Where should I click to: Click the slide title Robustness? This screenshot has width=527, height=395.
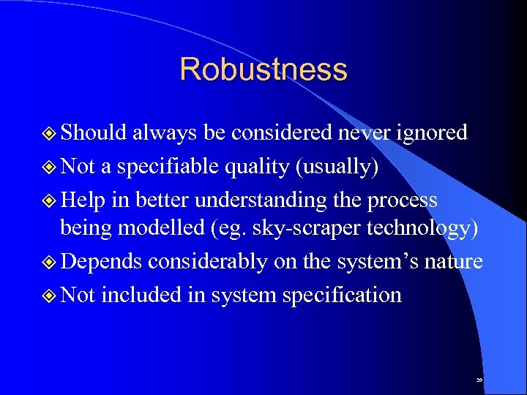(263, 69)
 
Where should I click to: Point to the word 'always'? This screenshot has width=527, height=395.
(162, 133)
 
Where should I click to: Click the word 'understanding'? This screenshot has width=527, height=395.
(261, 200)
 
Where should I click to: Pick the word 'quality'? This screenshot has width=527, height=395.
(250, 168)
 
